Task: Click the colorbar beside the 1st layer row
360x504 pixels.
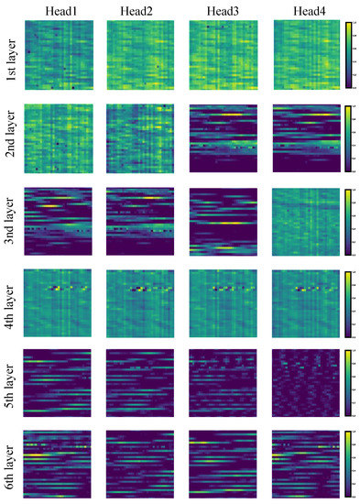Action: [x=348, y=56]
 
